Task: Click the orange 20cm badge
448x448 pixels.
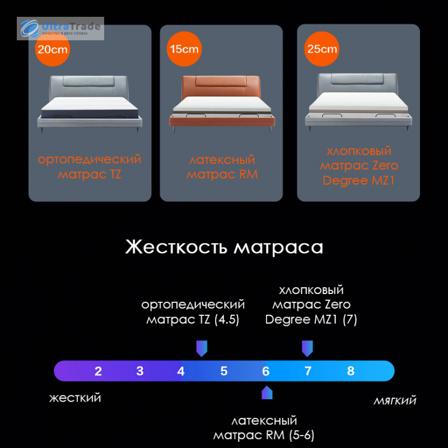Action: point(53,49)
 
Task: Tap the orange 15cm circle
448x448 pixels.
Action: point(184,49)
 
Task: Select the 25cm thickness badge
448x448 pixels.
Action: point(321,49)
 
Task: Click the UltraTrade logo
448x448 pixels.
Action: point(60,29)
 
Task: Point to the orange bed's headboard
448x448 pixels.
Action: point(221,86)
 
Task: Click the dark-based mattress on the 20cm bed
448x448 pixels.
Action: point(90,108)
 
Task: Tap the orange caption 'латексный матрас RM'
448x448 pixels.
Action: point(222,167)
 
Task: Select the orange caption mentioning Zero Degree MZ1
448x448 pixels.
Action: point(359,166)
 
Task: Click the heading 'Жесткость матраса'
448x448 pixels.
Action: point(225,246)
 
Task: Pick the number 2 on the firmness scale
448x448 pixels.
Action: point(98,371)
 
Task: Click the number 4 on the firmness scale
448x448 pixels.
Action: point(180,371)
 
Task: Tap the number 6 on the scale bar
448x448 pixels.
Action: point(265,371)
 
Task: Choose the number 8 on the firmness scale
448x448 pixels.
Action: point(351,371)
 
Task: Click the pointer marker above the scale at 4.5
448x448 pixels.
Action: point(202,348)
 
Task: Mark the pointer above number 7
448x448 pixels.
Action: point(307,348)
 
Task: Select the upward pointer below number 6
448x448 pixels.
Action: point(267,393)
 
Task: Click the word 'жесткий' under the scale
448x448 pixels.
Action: point(75,398)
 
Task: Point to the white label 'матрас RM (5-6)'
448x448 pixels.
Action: point(264,435)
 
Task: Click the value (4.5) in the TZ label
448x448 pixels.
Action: point(227,319)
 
